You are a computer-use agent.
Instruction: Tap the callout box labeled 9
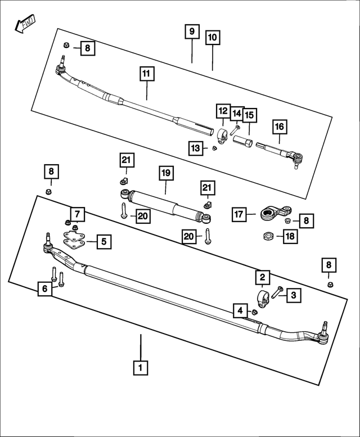192,31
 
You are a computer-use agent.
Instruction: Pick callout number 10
213,38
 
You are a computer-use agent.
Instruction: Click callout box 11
147,74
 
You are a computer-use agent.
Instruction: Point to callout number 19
165,173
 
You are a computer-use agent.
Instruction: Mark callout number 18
290,236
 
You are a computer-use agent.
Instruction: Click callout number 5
104,242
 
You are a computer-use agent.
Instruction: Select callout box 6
44,289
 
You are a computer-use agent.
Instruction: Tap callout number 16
280,127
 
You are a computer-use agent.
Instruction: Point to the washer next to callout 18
268,235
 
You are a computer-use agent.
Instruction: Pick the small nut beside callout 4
254,312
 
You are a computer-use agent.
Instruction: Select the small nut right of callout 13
214,148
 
